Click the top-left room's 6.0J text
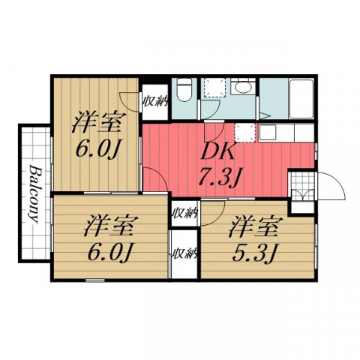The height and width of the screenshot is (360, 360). pyautogui.click(x=99, y=148)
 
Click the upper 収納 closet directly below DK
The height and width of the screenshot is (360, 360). pyautogui.click(x=184, y=211)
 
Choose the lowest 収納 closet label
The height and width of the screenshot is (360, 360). pyautogui.click(x=184, y=253)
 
